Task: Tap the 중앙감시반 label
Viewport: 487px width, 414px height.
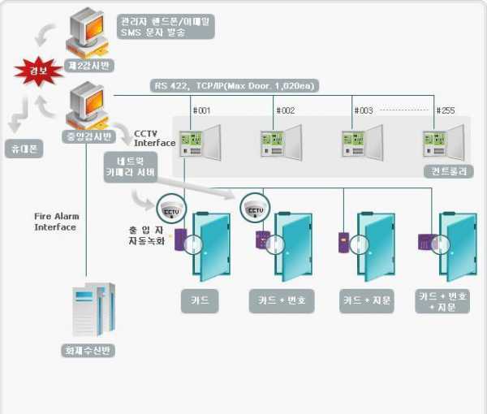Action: (x=88, y=136)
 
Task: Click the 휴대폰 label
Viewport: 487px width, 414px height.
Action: (x=22, y=149)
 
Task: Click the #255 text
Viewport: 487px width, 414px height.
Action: (x=446, y=110)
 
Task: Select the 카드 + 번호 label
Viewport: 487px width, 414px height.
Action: (x=281, y=300)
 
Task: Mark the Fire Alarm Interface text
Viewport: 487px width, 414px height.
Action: (x=55, y=222)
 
